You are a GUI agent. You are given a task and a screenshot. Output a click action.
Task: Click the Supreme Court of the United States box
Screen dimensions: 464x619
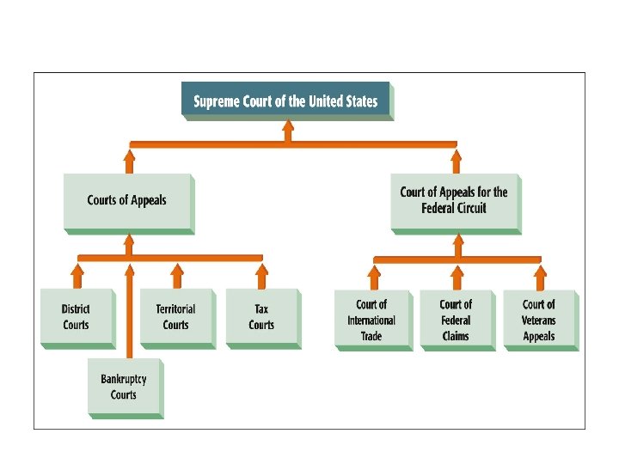point(285,101)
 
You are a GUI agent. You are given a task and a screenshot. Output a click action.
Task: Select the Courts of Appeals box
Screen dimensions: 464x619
point(127,201)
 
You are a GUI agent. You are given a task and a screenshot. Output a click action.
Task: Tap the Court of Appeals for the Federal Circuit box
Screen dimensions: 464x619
point(454,200)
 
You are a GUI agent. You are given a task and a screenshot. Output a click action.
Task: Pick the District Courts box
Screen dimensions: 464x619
point(76,317)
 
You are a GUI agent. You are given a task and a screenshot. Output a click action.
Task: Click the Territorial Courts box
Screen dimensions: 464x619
point(175,317)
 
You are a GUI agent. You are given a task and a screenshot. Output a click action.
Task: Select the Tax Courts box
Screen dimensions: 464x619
point(261,317)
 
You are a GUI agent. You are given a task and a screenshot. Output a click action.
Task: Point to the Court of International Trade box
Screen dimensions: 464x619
point(371,320)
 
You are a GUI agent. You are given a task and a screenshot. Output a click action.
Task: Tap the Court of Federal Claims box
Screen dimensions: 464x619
point(456,320)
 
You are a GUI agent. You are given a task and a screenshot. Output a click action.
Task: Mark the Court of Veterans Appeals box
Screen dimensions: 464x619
point(539,320)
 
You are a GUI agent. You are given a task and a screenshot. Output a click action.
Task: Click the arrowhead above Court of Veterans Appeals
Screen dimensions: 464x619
point(540,272)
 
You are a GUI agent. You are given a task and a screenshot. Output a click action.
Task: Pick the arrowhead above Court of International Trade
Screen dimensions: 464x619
point(373,272)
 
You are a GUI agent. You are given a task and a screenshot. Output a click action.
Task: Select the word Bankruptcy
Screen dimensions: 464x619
point(124,379)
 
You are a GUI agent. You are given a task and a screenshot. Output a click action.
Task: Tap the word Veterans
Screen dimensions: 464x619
point(539,321)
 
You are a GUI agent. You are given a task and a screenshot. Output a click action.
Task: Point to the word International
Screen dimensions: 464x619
point(371,321)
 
